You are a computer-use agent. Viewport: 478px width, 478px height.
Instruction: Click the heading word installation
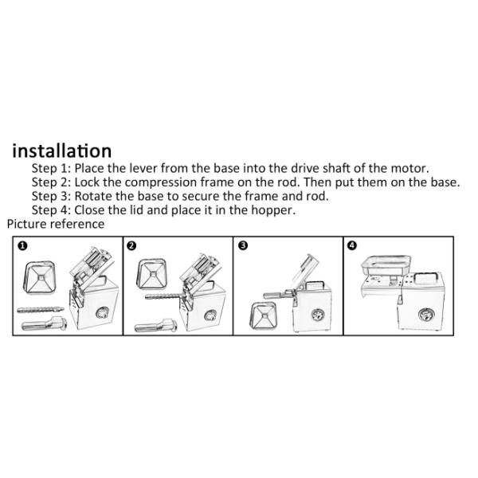click(x=62, y=151)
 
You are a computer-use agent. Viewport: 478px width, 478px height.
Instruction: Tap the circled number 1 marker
click(x=22, y=245)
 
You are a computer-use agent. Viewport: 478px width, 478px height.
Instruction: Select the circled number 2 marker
click(x=131, y=245)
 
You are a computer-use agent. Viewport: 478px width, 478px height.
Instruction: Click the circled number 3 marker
click(x=243, y=245)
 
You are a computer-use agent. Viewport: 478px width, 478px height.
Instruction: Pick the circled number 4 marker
click(x=352, y=245)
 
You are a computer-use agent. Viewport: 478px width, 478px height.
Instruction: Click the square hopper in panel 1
click(x=40, y=277)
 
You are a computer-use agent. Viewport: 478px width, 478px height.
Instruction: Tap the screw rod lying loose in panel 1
click(x=41, y=310)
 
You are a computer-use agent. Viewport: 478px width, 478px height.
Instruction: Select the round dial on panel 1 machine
click(x=102, y=313)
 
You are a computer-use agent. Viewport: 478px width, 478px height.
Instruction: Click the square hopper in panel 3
click(x=263, y=315)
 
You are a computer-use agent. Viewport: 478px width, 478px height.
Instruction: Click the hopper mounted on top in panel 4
click(x=386, y=265)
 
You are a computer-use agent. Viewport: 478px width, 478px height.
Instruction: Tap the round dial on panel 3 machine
click(x=318, y=315)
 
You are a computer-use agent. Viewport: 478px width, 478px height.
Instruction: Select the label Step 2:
click(x=51, y=182)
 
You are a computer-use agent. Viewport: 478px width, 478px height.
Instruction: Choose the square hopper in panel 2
click(x=151, y=274)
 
